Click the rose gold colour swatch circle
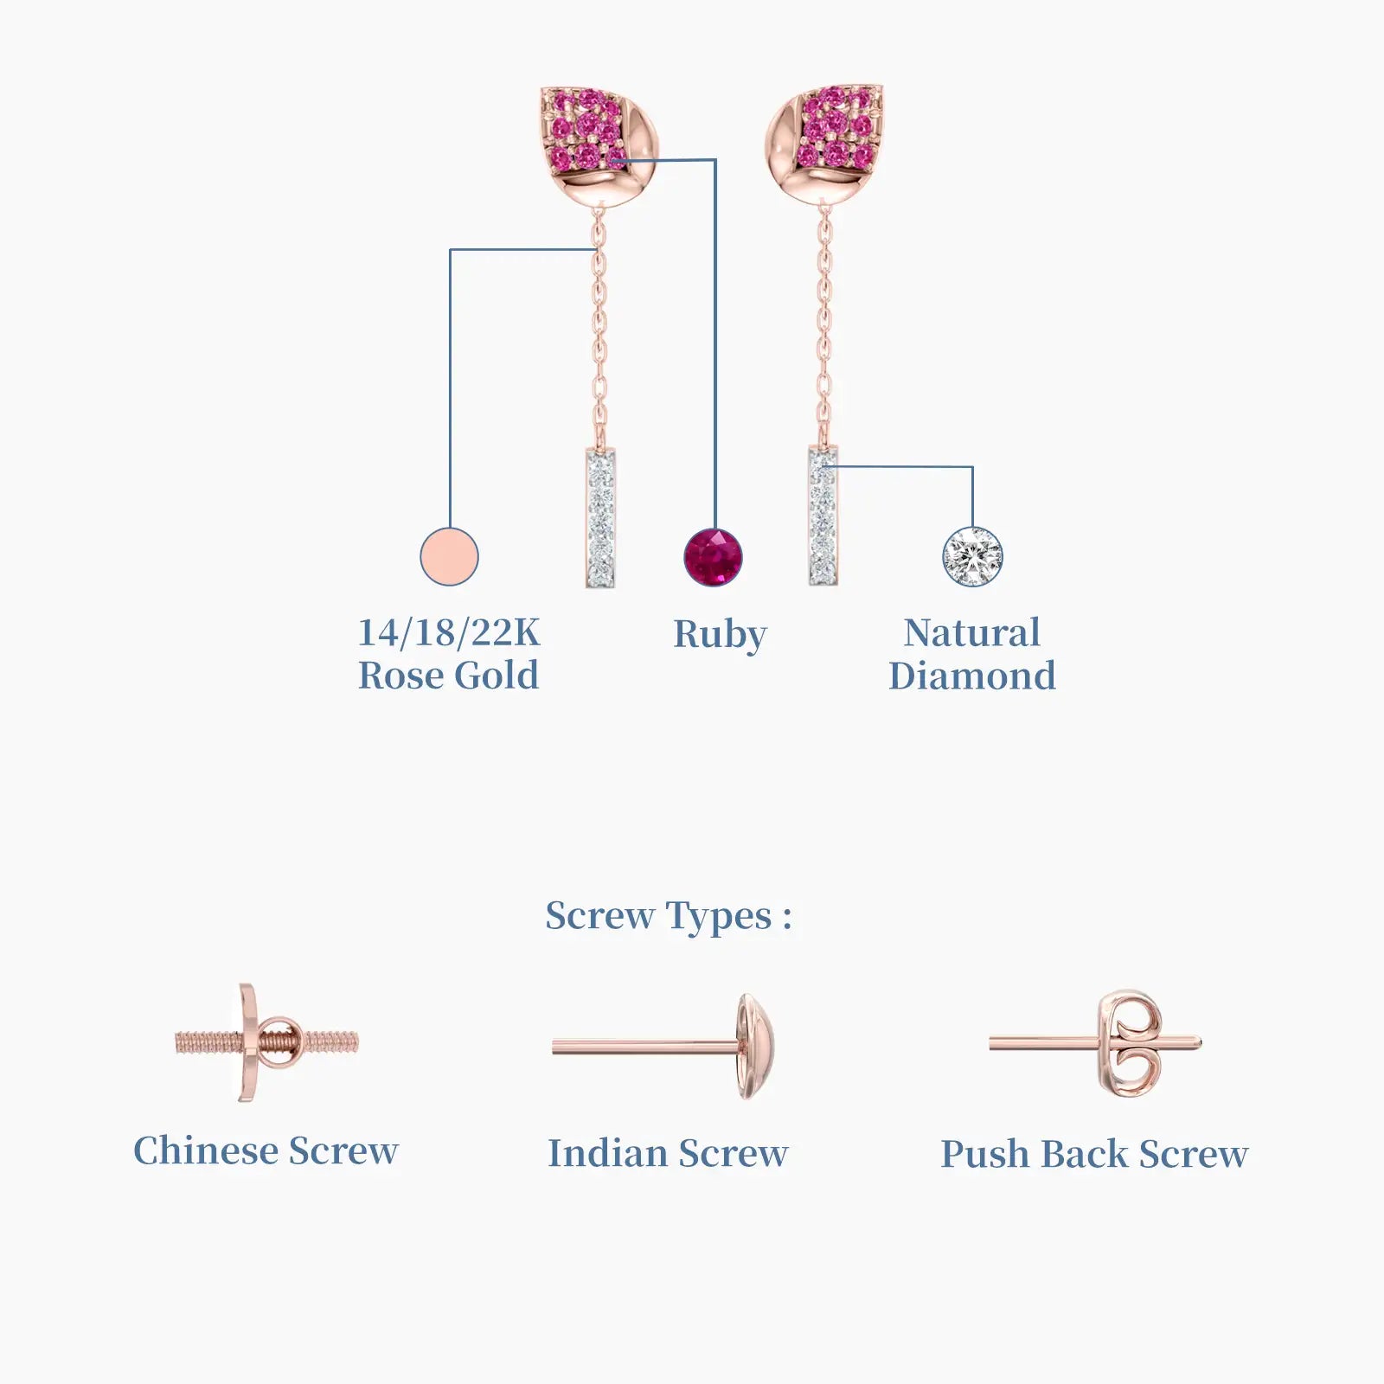pyautogui.click(x=449, y=556)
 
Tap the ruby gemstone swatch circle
pyautogui.click(x=714, y=557)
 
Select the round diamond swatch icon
pyautogui.click(x=972, y=556)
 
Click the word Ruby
pyautogui.click(x=720, y=635)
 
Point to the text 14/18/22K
pyautogui.click(x=449, y=632)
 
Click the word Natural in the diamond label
pyautogui.click(x=972, y=632)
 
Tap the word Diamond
pyautogui.click(x=972, y=676)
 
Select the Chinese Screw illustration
pyautogui.click(x=266, y=1042)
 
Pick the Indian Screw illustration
pyautogui.click(x=663, y=1047)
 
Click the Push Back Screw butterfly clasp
pyautogui.click(x=1130, y=1044)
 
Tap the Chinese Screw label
pyautogui.click(x=266, y=1150)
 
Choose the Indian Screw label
pyautogui.click(x=668, y=1153)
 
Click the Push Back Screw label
pyautogui.click(x=1094, y=1154)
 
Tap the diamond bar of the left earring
pyautogui.click(x=600, y=517)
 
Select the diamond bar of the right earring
pyautogui.click(x=823, y=516)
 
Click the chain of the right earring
pyautogui.click(x=824, y=324)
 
